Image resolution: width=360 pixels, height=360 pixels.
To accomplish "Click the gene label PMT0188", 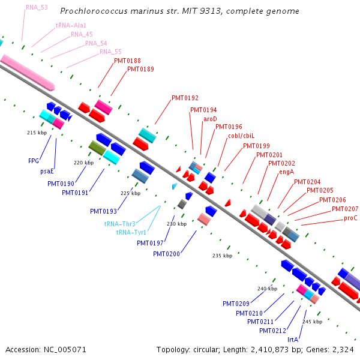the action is tap(127, 61).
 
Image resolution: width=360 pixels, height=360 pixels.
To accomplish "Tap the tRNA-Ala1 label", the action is tap(71, 25).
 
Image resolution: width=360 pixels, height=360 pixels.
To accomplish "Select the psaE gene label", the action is tap(47, 171).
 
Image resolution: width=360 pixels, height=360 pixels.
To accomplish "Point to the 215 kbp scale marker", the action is tap(37, 133).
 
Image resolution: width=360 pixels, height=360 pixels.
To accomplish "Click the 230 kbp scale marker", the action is tap(177, 224).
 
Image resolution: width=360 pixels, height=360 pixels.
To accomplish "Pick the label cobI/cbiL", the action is tap(241, 136).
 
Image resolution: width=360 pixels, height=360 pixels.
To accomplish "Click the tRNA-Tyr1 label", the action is tap(131, 233).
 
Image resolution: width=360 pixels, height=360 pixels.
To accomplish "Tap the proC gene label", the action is tap(350, 218).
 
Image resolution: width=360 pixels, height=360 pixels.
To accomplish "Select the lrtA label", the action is tap(293, 340).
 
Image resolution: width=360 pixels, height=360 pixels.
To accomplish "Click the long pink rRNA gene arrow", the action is tap(28, 73).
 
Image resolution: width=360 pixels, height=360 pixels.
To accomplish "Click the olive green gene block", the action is tap(97, 148).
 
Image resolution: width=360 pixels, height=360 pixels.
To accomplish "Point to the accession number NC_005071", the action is tap(65, 350).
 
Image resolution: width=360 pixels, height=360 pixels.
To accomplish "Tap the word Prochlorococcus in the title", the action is tap(94, 11).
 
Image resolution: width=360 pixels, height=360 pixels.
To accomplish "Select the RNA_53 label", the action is tap(37, 8).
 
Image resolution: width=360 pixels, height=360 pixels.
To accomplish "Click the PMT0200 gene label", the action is tap(166, 254).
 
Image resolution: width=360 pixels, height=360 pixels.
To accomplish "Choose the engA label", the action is tap(287, 172).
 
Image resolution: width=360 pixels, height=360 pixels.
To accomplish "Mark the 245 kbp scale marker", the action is tap(312, 322).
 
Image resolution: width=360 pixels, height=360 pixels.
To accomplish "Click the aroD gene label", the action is tap(210, 119).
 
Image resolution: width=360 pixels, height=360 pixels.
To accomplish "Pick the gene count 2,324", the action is tap(343, 350).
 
